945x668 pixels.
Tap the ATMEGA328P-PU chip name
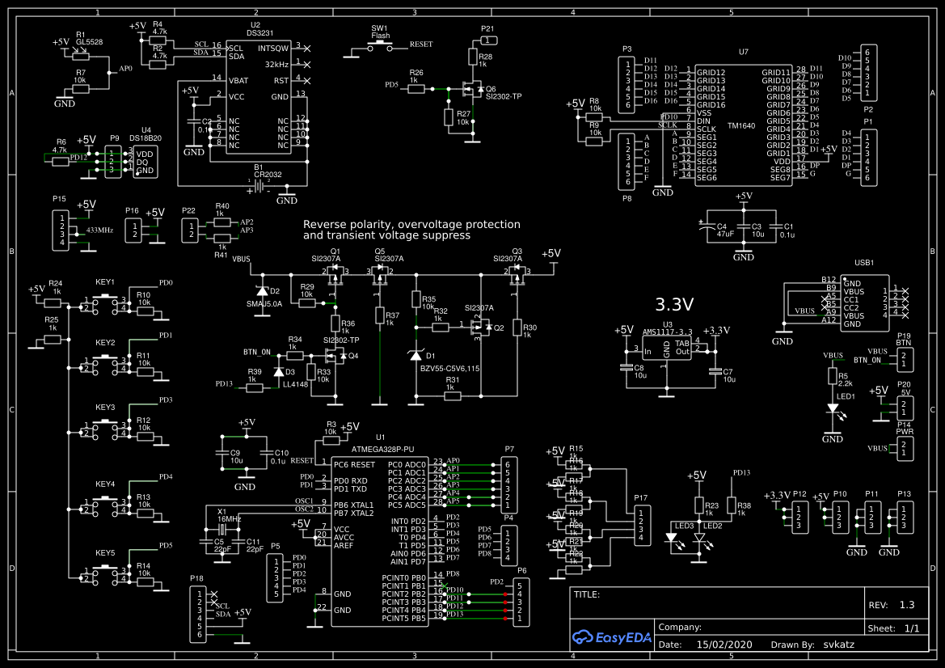[x=382, y=448]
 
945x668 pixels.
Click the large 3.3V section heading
[x=674, y=305]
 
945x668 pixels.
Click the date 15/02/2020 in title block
[x=724, y=645]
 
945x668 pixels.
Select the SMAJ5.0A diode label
[x=264, y=305]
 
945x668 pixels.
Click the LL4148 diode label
[x=295, y=385]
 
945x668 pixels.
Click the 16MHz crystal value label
[x=229, y=518]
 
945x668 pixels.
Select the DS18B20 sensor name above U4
[x=146, y=138]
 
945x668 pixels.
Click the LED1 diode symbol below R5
[x=832, y=409]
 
